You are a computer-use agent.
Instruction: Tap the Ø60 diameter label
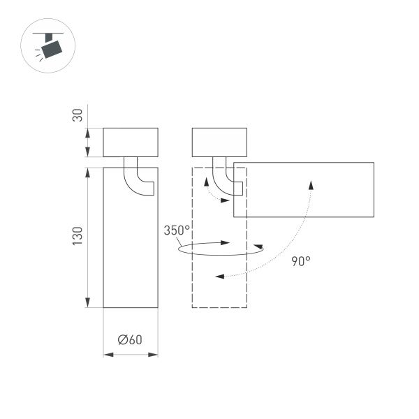(131, 340)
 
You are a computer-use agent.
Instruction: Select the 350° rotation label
(177, 230)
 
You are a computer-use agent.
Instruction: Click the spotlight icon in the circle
(50, 47)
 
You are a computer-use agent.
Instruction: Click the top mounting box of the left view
(131, 142)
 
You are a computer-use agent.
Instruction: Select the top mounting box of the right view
(219, 142)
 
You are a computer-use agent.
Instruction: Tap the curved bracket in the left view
(137, 178)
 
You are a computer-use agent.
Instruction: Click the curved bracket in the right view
(226, 179)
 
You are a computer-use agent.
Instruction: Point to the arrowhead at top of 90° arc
(311, 183)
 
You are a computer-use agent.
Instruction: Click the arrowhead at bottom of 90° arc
(219, 277)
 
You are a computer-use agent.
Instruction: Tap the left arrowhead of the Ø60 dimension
(107, 355)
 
